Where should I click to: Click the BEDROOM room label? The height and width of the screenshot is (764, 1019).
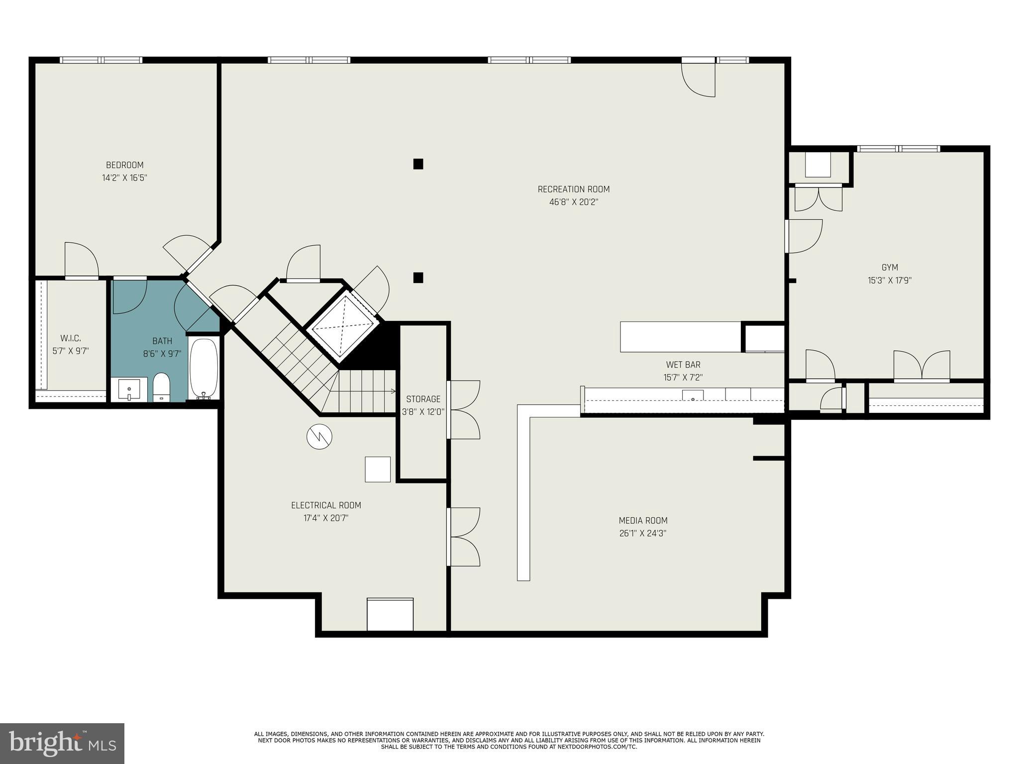[x=124, y=165]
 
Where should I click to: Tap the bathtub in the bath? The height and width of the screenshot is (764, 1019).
[x=204, y=368]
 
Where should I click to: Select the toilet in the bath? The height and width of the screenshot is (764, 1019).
[x=161, y=386]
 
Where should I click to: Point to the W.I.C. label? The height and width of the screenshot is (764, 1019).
[x=70, y=338]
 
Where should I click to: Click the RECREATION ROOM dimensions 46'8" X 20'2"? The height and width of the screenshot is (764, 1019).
[x=574, y=202]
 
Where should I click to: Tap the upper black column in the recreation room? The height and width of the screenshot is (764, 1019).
[x=418, y=164]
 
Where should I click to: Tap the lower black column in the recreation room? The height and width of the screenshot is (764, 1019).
[x=418, y=278]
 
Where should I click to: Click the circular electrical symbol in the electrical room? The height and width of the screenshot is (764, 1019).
[x=319, y=437]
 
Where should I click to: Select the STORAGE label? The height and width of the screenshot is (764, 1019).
[x=423, y=399]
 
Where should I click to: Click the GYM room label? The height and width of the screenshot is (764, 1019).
[x=889, y=268]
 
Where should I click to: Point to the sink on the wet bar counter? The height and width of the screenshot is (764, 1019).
[x=693, y=396]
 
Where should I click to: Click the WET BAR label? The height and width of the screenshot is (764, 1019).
[x=683, y=365]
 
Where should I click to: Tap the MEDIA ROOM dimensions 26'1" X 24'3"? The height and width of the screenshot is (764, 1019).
[x=642, y=534]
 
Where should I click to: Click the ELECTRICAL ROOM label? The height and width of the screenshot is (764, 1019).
[x=326, y=505]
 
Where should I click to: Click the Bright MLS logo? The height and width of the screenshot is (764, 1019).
[x=62, y=744]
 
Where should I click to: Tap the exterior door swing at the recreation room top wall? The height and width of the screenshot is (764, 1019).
[x=699, y=80]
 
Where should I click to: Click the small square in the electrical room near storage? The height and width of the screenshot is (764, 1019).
[x=378, y=469]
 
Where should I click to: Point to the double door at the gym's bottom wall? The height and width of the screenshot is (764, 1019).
[x=921, y=366]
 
